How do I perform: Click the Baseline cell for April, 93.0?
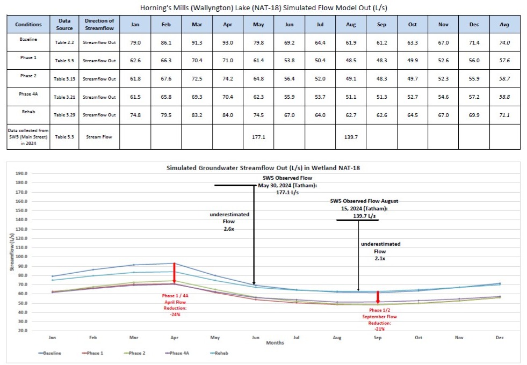[228, 43]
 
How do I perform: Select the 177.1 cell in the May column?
[258, 137]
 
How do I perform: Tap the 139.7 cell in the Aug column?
[351, 137]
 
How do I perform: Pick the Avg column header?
[504, 25]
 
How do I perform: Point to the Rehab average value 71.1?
[504, 115]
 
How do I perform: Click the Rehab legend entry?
[213, 353]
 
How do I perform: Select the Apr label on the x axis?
[174, 338]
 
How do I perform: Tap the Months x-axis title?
[275, 342]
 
